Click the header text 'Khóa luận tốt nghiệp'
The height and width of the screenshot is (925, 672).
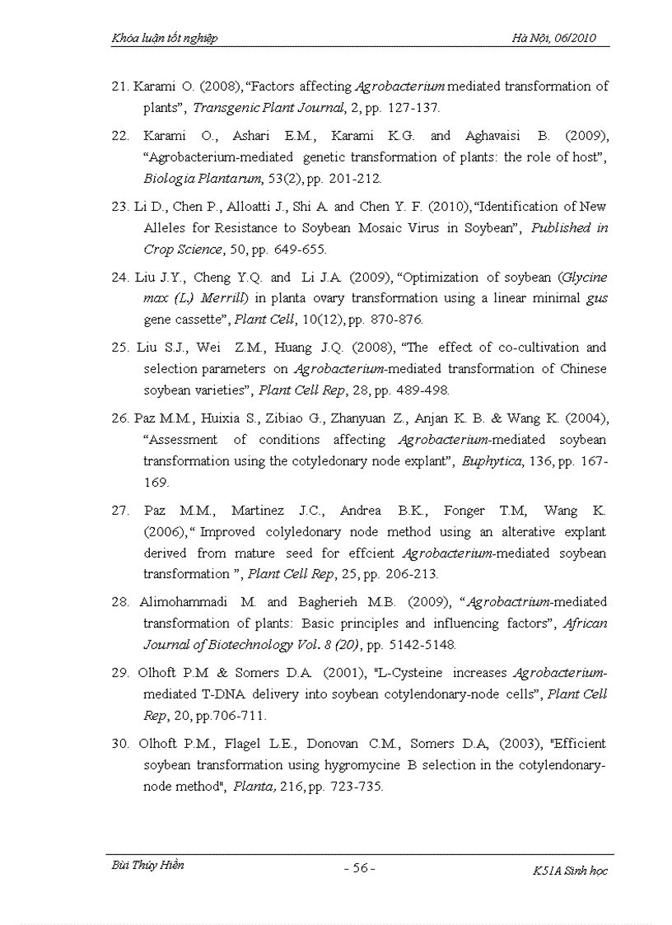(x=165, y=38)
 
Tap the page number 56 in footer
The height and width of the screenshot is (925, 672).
(x=359, y=868)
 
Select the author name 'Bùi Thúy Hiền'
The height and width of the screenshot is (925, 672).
(x=147, y=866)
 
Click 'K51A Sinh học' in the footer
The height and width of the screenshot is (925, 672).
(x=570, y=871)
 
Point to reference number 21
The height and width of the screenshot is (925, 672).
(x=120, y=86)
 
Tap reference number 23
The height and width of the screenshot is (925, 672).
(x=120, y=207)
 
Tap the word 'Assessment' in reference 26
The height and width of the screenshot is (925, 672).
(x=182, y=440)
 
